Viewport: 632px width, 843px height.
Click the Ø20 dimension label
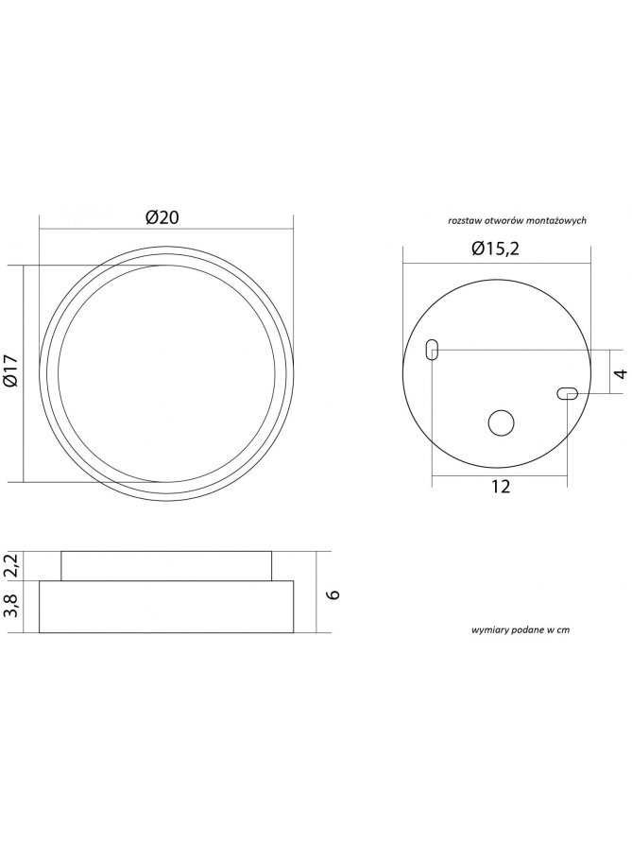[162, 217]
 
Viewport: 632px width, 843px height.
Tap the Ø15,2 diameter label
[496, 249]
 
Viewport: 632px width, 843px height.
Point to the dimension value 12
[501, 487]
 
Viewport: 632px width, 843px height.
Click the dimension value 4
[621, 373]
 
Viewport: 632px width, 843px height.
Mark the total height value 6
[333, 594]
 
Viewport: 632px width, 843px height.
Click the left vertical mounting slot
[432, 350]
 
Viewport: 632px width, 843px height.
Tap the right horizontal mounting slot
[568, 394]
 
